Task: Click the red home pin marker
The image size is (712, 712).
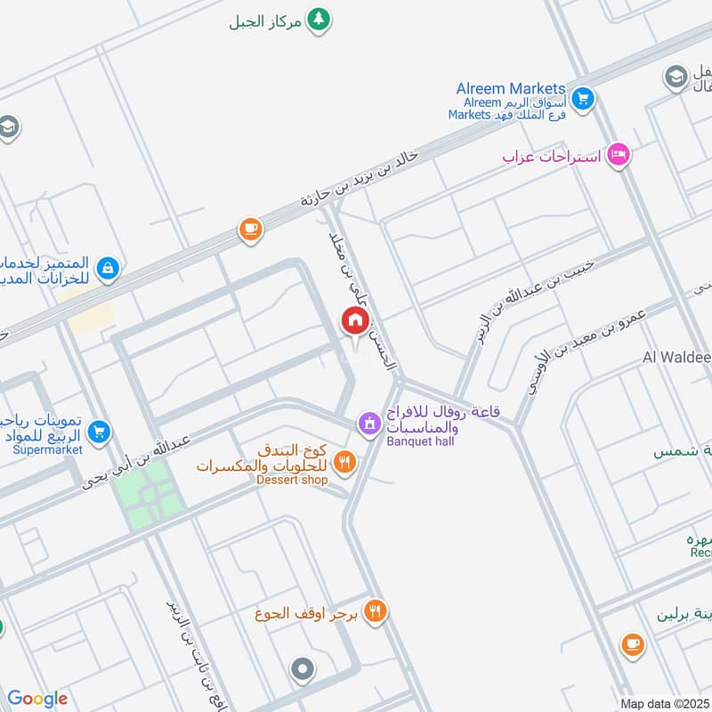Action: [x=354, y=320]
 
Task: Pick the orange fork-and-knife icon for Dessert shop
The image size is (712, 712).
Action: [x=344, y=462]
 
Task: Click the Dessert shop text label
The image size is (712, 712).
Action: [x=292, y=480]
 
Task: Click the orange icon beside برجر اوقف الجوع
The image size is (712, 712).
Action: [x=376, y=611]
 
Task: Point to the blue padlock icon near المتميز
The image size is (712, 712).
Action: [x=108, y=266]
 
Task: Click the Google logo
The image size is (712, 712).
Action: [x=37, y=699]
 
